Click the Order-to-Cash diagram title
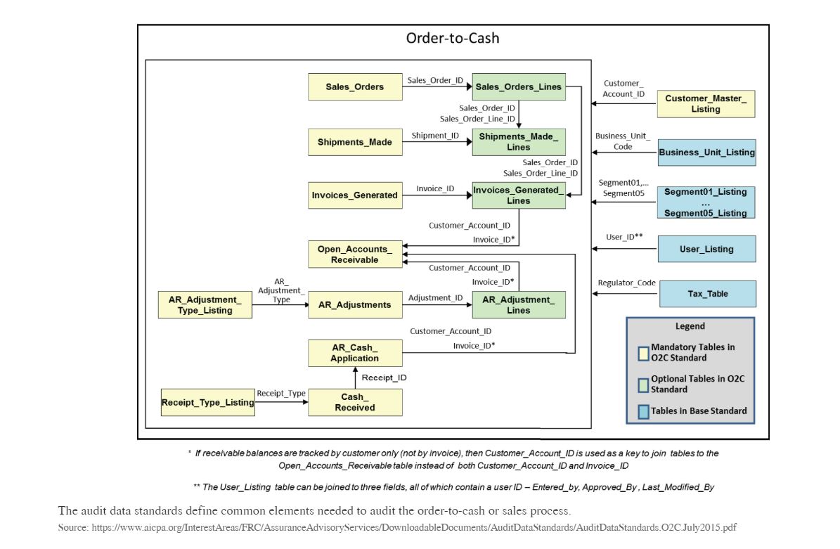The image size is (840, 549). point(453,38)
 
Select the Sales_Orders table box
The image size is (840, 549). point(355,87)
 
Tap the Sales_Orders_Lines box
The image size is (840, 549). point(519,87)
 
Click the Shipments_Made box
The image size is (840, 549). point(355,142)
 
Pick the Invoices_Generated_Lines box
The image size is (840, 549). point(519,195)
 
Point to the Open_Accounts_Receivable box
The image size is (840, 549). point(355,254)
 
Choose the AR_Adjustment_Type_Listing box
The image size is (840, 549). point(205,305)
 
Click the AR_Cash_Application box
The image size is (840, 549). point(355,353)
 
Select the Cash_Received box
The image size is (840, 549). point(355,402)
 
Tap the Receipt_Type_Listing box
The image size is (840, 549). point(208,403)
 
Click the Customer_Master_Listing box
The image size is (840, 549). point(706,104)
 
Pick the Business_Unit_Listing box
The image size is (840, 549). point(707,153)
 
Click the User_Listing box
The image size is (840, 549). point(706,249)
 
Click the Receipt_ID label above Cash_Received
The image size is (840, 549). point(384,378)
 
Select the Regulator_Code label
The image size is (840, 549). point(626,283)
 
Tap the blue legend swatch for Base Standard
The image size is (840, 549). point(643,412)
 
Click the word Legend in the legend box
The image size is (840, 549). point(690,326)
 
